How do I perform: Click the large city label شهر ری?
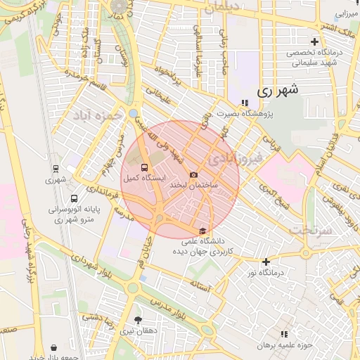[x=278, y=90]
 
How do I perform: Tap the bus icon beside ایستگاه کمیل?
[x=144, y=167]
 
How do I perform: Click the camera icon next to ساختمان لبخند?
[x=194, y=174]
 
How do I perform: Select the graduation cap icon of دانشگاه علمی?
[x=202, y=231]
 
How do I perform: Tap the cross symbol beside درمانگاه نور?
[x=266, y=262]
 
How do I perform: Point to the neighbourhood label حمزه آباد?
[x=101, y=115]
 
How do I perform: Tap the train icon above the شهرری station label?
[x=55, y=169]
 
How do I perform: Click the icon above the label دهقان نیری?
[x=137, y=319]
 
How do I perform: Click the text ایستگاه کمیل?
[x=144, y=179]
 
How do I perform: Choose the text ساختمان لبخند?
[x=195, y=185]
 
